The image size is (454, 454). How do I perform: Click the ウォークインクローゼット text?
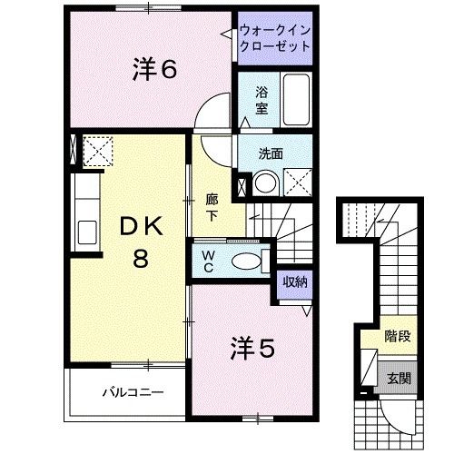[x=275, y=39]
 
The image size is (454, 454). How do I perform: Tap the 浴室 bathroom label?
[x=261, y=101]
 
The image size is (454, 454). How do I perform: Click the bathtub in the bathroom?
[x=296, y=100]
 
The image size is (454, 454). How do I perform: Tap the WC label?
[x=207, y=261]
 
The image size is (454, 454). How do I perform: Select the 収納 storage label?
[x=293, y=282]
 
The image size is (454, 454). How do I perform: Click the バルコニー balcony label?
[x=132, y=394]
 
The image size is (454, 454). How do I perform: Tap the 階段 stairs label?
[x=396, y=335]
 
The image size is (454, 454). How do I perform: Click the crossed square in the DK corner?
[x=96, y=148]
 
